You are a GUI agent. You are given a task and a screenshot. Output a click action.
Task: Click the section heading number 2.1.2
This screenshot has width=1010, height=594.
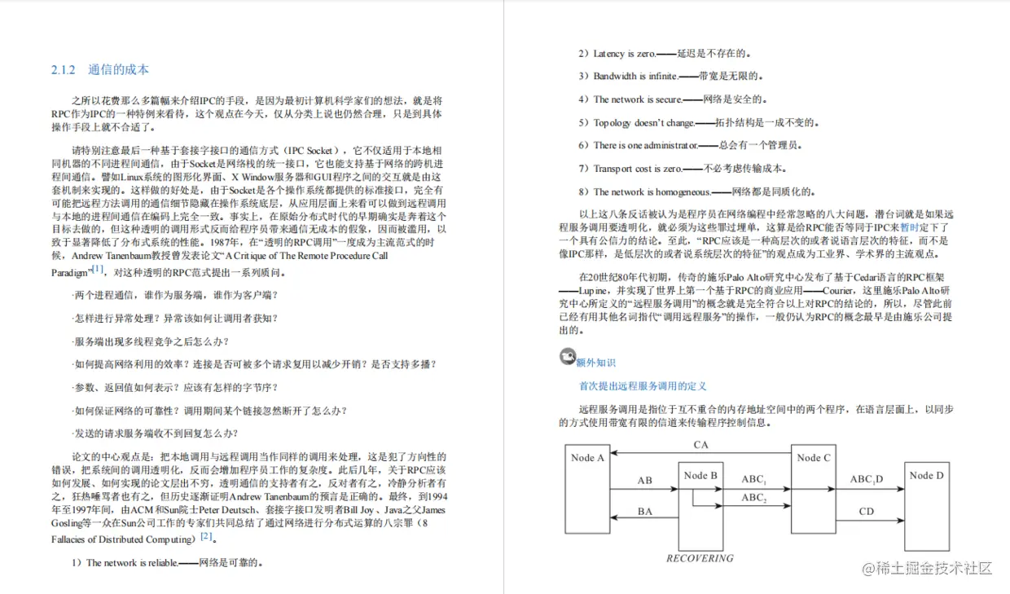click(x=63, y=70)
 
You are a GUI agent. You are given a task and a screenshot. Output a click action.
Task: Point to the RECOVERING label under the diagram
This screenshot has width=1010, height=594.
click(x=700, y=559)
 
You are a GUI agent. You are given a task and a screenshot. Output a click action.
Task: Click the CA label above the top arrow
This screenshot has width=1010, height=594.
click(x=700, y=445)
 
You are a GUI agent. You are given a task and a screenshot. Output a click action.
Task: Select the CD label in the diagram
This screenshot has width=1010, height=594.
click(x=866, y=512)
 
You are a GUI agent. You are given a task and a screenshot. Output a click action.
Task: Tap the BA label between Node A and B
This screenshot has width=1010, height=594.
click(x=644, y=512)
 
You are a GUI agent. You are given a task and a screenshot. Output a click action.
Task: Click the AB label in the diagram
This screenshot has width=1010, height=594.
click(x=644, y=481)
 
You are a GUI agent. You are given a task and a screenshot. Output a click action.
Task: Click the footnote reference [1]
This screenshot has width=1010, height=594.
click(x=98, y=269)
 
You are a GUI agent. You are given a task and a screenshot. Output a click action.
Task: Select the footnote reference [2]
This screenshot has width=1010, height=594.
click(x=207, y=536)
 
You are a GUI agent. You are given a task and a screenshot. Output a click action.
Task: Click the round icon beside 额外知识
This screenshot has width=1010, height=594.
click(x=568, y=357)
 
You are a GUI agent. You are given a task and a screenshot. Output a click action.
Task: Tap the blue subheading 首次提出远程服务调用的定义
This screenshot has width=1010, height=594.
click(x=643, y=386)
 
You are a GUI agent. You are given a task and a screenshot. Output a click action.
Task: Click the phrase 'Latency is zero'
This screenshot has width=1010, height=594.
click(x=625, y=54)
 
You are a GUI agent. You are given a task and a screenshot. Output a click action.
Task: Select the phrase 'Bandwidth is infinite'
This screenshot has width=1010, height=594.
click(x=635, y=77)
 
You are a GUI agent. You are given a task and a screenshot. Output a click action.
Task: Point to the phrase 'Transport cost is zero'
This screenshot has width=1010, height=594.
click(x=637, y=169)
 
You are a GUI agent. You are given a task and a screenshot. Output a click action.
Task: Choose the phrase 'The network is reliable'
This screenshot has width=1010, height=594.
click(x=132, y=562)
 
